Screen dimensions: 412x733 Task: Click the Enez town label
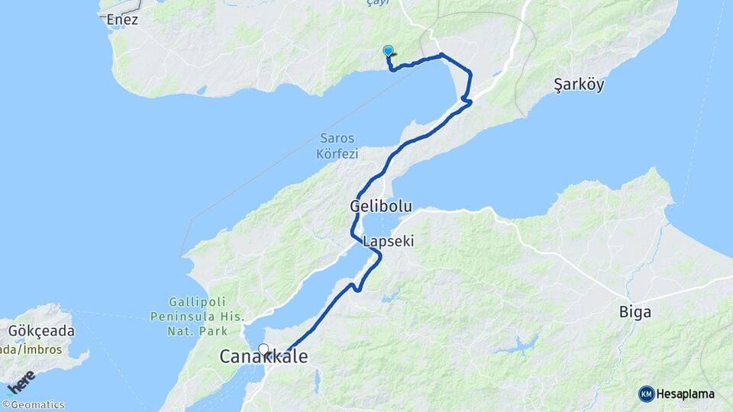click(123, 20)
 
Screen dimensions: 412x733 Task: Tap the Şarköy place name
click(579, 85)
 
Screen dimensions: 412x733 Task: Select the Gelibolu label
click(376, 206)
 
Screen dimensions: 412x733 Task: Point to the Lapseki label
click(389, 241)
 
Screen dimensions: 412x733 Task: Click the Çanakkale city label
click(264, 356)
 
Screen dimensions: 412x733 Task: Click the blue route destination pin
click(388, 51)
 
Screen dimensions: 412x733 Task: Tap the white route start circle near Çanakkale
click(263, 349)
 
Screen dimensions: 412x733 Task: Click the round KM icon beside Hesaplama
click(646, 394)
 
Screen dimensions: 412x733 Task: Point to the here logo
click(21, 381)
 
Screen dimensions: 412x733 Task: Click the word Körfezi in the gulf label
click(337, 154)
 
